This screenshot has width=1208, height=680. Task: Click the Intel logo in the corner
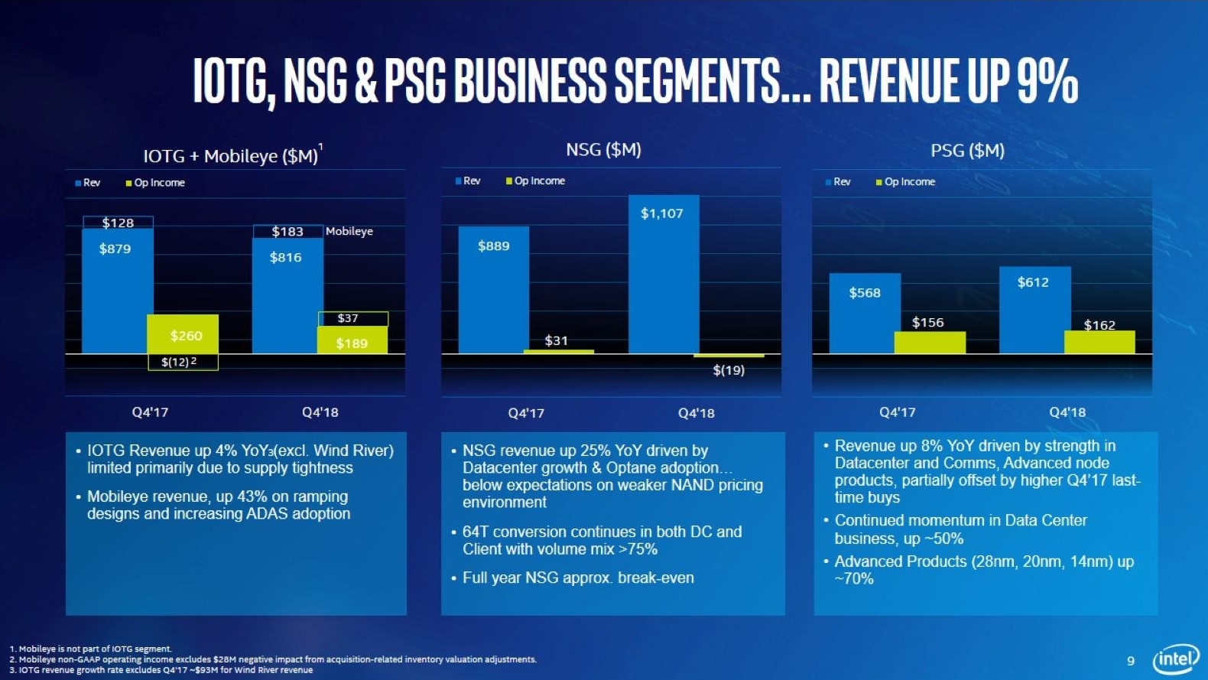click(x=1176, y=659)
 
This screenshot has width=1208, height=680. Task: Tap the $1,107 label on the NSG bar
click(x=662, y=213)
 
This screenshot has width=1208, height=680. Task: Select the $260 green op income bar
click(x=183, y=334)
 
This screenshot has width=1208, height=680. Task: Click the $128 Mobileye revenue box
click(x=118, y=223)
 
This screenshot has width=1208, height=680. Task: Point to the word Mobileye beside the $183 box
click(x=349, y=231)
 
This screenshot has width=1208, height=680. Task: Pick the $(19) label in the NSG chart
click(x=729, y=370)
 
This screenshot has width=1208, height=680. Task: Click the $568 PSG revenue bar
click(x=865, y=312)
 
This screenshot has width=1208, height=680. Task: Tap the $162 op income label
click(x=1099, y=325)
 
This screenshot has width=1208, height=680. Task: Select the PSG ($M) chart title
click(x=967, y=151)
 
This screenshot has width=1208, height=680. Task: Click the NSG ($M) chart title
click(x=603, y=150)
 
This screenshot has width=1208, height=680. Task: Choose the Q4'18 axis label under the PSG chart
click(x=1067, y=412)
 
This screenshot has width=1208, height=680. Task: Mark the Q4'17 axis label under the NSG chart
click(x=526, y=413)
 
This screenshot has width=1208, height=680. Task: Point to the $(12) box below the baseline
click(x=183, y=362)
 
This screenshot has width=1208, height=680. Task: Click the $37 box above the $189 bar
click(x=352, y=318)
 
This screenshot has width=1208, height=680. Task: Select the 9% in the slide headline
click(x=1047, y=80)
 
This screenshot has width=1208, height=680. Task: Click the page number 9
click(x=1131, y=660)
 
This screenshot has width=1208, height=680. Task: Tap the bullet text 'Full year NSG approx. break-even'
click(x=578, y=578)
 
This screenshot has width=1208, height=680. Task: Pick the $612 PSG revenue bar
click(x=1034, y=309)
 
